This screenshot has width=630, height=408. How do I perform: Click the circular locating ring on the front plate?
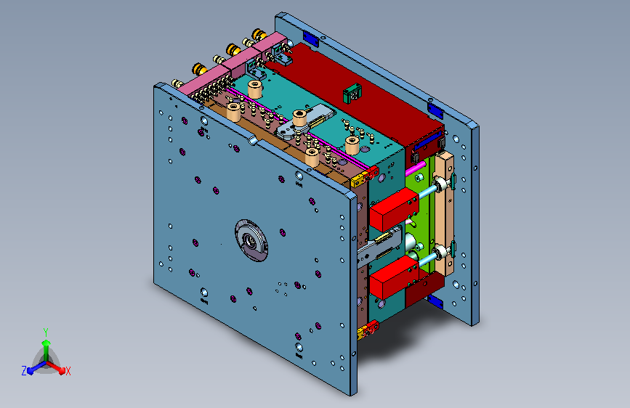(251, 240)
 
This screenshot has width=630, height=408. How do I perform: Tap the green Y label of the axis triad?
(46, 332)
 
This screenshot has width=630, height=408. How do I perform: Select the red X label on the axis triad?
(68, 371)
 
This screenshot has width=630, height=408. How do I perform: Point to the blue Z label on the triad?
(24, 371)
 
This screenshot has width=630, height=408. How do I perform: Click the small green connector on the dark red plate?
(352, 93)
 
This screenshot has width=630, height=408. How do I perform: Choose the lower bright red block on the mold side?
(394, 277)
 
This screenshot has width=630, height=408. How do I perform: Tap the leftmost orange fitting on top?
(199, 69)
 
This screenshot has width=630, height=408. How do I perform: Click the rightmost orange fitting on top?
(259, 35)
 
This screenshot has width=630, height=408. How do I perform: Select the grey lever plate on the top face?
(305, 122)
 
